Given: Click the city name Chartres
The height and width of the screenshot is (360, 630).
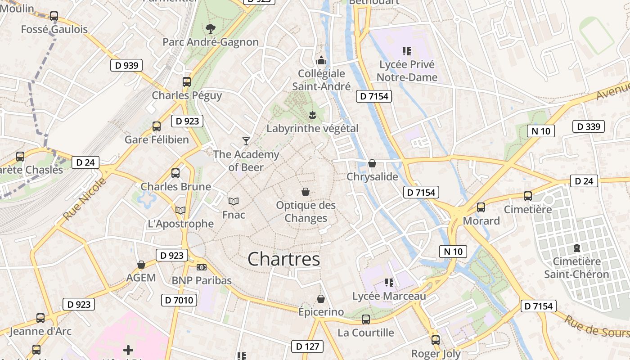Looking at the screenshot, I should click(284, 259).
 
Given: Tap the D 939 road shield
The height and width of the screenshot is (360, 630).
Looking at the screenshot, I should click(126, 65).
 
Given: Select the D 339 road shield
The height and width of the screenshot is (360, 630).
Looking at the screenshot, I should click(588, 126).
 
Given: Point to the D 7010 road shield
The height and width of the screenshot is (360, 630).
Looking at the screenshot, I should click(179, 300).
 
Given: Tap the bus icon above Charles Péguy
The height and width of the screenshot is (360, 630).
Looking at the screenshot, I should click(187, 82).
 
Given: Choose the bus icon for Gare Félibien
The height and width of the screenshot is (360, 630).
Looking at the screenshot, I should click(157, 126).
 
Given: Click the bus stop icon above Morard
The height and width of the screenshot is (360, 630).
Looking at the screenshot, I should click(481, 207).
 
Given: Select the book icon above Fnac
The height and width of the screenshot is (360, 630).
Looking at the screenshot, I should click(234, 201).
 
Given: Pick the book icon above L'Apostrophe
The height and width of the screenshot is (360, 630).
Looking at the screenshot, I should click(180, 210).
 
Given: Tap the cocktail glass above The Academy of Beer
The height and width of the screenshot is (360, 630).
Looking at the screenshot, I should click(246, 141).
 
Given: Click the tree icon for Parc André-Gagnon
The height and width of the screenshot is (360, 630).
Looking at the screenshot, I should click(210, 29).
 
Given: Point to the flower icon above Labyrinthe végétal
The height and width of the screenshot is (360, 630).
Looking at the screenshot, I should click(312, 115).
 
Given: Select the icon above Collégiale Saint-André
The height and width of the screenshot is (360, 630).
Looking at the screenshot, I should click(321, 60).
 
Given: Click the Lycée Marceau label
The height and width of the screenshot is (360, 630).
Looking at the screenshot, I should click(389, 296).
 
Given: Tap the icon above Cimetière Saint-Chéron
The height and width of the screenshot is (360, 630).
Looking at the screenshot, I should click(576, 248).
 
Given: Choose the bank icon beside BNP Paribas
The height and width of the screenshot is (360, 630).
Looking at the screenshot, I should click(202, 267).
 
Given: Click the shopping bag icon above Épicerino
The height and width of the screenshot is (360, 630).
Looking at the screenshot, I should click(321, 299).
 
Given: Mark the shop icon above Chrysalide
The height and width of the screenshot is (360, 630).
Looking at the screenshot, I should click(372, 163).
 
